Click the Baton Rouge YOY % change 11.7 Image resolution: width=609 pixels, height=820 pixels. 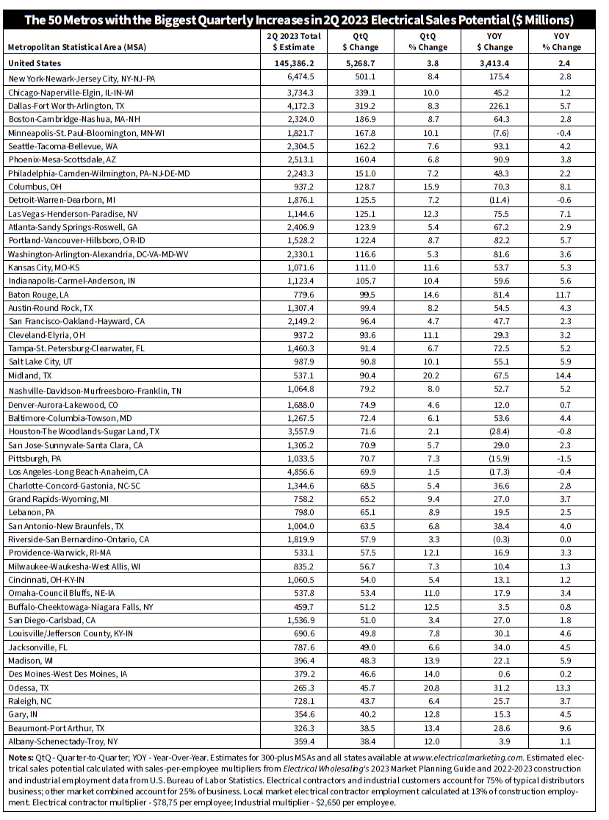pyautogui.click(x=566, y=294)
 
